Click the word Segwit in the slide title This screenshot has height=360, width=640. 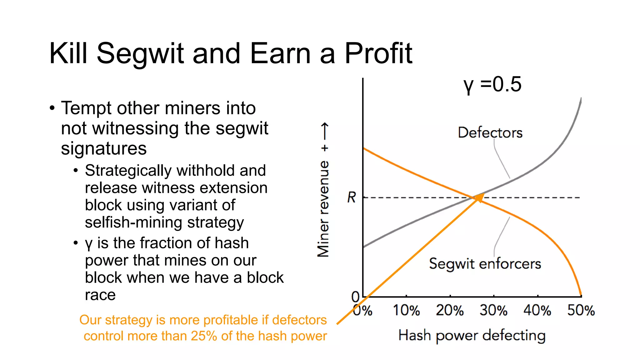(140, 54)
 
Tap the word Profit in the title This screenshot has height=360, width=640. (378, 54)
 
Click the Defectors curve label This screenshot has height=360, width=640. (490, 133)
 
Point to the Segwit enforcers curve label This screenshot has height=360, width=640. (485, 264)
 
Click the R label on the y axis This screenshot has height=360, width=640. (352, 197)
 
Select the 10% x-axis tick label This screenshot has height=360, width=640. (406, 311)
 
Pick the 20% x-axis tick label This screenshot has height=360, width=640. (450, 311)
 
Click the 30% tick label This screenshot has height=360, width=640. (494, 311)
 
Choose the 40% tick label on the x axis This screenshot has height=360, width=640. (537, 311)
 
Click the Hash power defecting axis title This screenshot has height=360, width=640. (472, 336)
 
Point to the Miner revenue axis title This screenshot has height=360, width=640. (323, 209)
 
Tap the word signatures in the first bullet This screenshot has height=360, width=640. (104, 148)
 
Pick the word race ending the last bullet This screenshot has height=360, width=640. (100, 295)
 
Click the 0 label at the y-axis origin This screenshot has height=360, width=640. (355, 296)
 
